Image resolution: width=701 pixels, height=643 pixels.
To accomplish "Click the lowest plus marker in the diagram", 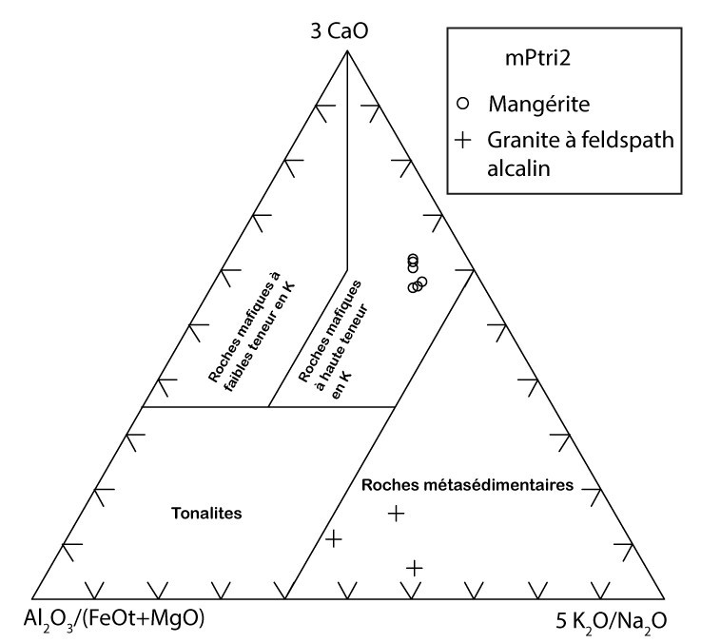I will pos(414,568).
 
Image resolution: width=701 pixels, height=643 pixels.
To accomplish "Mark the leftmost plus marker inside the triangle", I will pos(333,539).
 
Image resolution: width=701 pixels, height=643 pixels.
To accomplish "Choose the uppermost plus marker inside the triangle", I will pos(397,514).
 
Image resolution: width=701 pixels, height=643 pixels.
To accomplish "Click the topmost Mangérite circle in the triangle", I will pos(413,259).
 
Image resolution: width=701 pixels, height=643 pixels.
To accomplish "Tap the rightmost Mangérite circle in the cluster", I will pos(422,281).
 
